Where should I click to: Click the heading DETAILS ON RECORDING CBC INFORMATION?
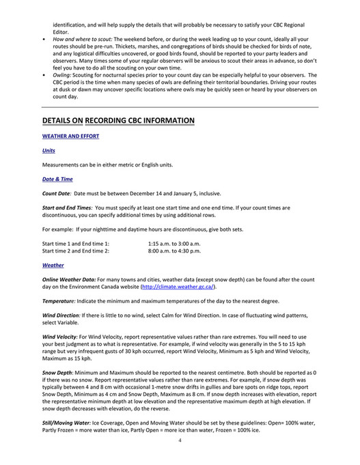[118, 121]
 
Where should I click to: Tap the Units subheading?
[49, 150]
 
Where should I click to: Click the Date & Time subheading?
[57, 179]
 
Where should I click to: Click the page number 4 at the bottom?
[180, 440]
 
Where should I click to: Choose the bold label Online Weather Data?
[68, 279]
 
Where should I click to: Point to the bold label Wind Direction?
[64, 316]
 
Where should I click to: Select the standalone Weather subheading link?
[53, 265]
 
